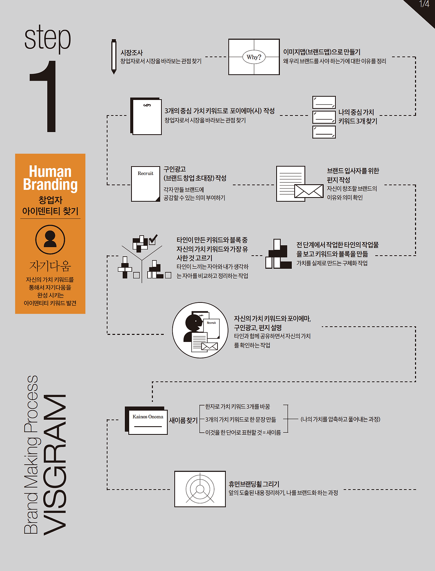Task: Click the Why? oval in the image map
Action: (254, 57)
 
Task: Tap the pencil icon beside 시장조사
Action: (114, 56)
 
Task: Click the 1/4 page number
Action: (424, 4)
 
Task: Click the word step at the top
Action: (47, 38)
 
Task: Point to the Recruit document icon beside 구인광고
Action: (145, 184)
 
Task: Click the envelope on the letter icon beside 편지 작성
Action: (309, 191)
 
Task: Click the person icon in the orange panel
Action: (50, 239)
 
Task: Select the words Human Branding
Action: (50, 178)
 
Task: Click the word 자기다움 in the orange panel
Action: (50, 266)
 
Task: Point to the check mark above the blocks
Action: (153, 239)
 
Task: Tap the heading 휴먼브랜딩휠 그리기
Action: (254, 484)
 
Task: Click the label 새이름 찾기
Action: (183, 420)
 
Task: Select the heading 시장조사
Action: (132, 53)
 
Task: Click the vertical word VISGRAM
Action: (55, 465)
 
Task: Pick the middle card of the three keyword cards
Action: (324, 117)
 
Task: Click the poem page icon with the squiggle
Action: (146, 116)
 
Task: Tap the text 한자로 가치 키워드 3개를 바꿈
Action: (238, 406)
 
